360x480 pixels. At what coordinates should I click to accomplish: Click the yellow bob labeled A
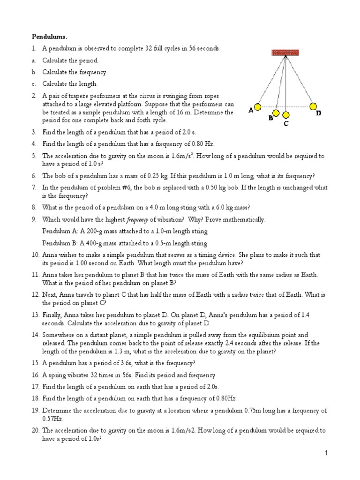point(257,108)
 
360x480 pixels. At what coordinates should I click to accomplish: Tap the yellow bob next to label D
point(313,107)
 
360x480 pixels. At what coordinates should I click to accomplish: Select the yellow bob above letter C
point(285,115)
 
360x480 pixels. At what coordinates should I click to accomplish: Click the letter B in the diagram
point(271,119)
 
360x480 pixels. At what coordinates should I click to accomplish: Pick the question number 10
point(36,255)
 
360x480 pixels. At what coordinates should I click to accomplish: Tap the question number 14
point(36,335)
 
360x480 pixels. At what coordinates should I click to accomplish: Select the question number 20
point(36,430)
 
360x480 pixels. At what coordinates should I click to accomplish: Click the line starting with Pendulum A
point(125,232)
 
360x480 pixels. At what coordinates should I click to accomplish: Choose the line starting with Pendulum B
point(125,243)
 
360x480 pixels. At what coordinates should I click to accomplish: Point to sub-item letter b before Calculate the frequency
point(34,72)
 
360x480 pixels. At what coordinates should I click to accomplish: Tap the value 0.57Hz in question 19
point(52,418)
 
